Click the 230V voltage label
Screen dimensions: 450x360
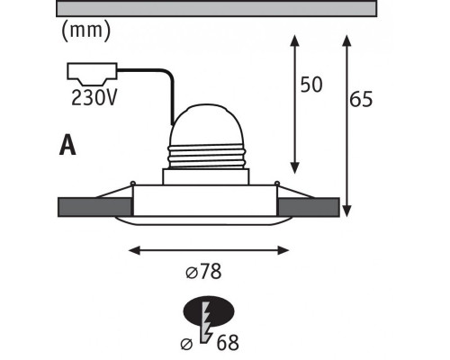(x=94, y=98)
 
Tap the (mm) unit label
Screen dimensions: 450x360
(x=86, y=31)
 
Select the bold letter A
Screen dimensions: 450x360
(x=67, y=145)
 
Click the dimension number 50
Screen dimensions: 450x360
(x=311, y=85)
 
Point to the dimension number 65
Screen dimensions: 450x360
(x=361, y=99)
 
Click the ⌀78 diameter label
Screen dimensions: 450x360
(x=203, y=271)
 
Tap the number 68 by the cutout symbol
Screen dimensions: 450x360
(x=228, y=343)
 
